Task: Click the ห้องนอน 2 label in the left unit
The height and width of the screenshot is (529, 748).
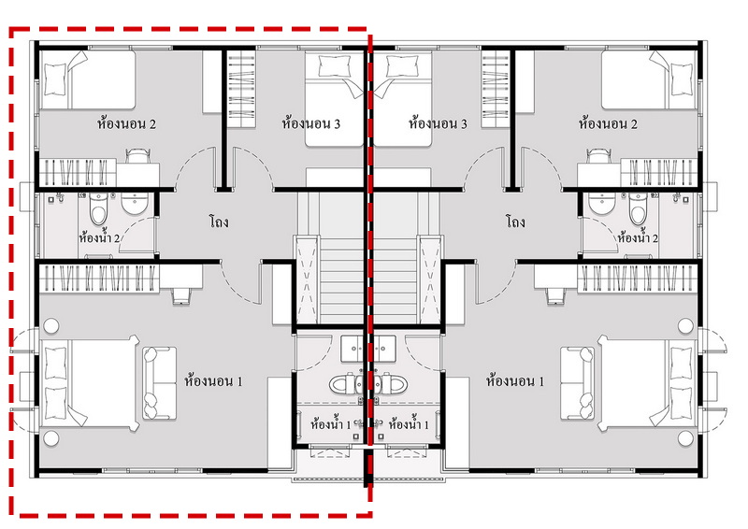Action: click(x=126, y=124)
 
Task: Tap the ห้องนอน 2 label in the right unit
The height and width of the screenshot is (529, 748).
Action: click(x=608, y=124)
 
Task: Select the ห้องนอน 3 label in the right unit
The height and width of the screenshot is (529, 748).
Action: click(x=438, y=123)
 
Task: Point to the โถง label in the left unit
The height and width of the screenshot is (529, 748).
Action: click(x=219, y=222)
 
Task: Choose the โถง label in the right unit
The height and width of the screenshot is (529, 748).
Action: click(x=515, y=222)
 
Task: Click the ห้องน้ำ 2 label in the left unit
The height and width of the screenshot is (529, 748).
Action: click(x=99, y=236)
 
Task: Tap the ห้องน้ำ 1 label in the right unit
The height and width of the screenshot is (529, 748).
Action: click(x=409, y=423)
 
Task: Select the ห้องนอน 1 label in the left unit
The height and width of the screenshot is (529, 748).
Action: click(x=213, y=381)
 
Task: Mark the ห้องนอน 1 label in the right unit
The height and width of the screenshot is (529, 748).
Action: click(x=515, y=381)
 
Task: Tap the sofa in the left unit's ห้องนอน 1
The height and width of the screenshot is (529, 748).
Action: click(x=159, y=383)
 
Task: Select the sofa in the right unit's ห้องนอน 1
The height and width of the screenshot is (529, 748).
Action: click(x=578, y=383)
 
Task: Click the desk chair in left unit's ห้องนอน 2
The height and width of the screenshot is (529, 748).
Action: click(x=137, y=156)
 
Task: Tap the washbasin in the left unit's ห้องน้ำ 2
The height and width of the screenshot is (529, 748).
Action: click(x=135, y=203)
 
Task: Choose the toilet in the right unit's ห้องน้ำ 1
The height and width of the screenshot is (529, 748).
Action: click(x=392, y=383)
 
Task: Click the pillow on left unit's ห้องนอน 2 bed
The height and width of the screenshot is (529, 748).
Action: click(x=54, y=79)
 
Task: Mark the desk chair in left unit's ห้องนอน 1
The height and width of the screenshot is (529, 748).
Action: click(x=181, y=295)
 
